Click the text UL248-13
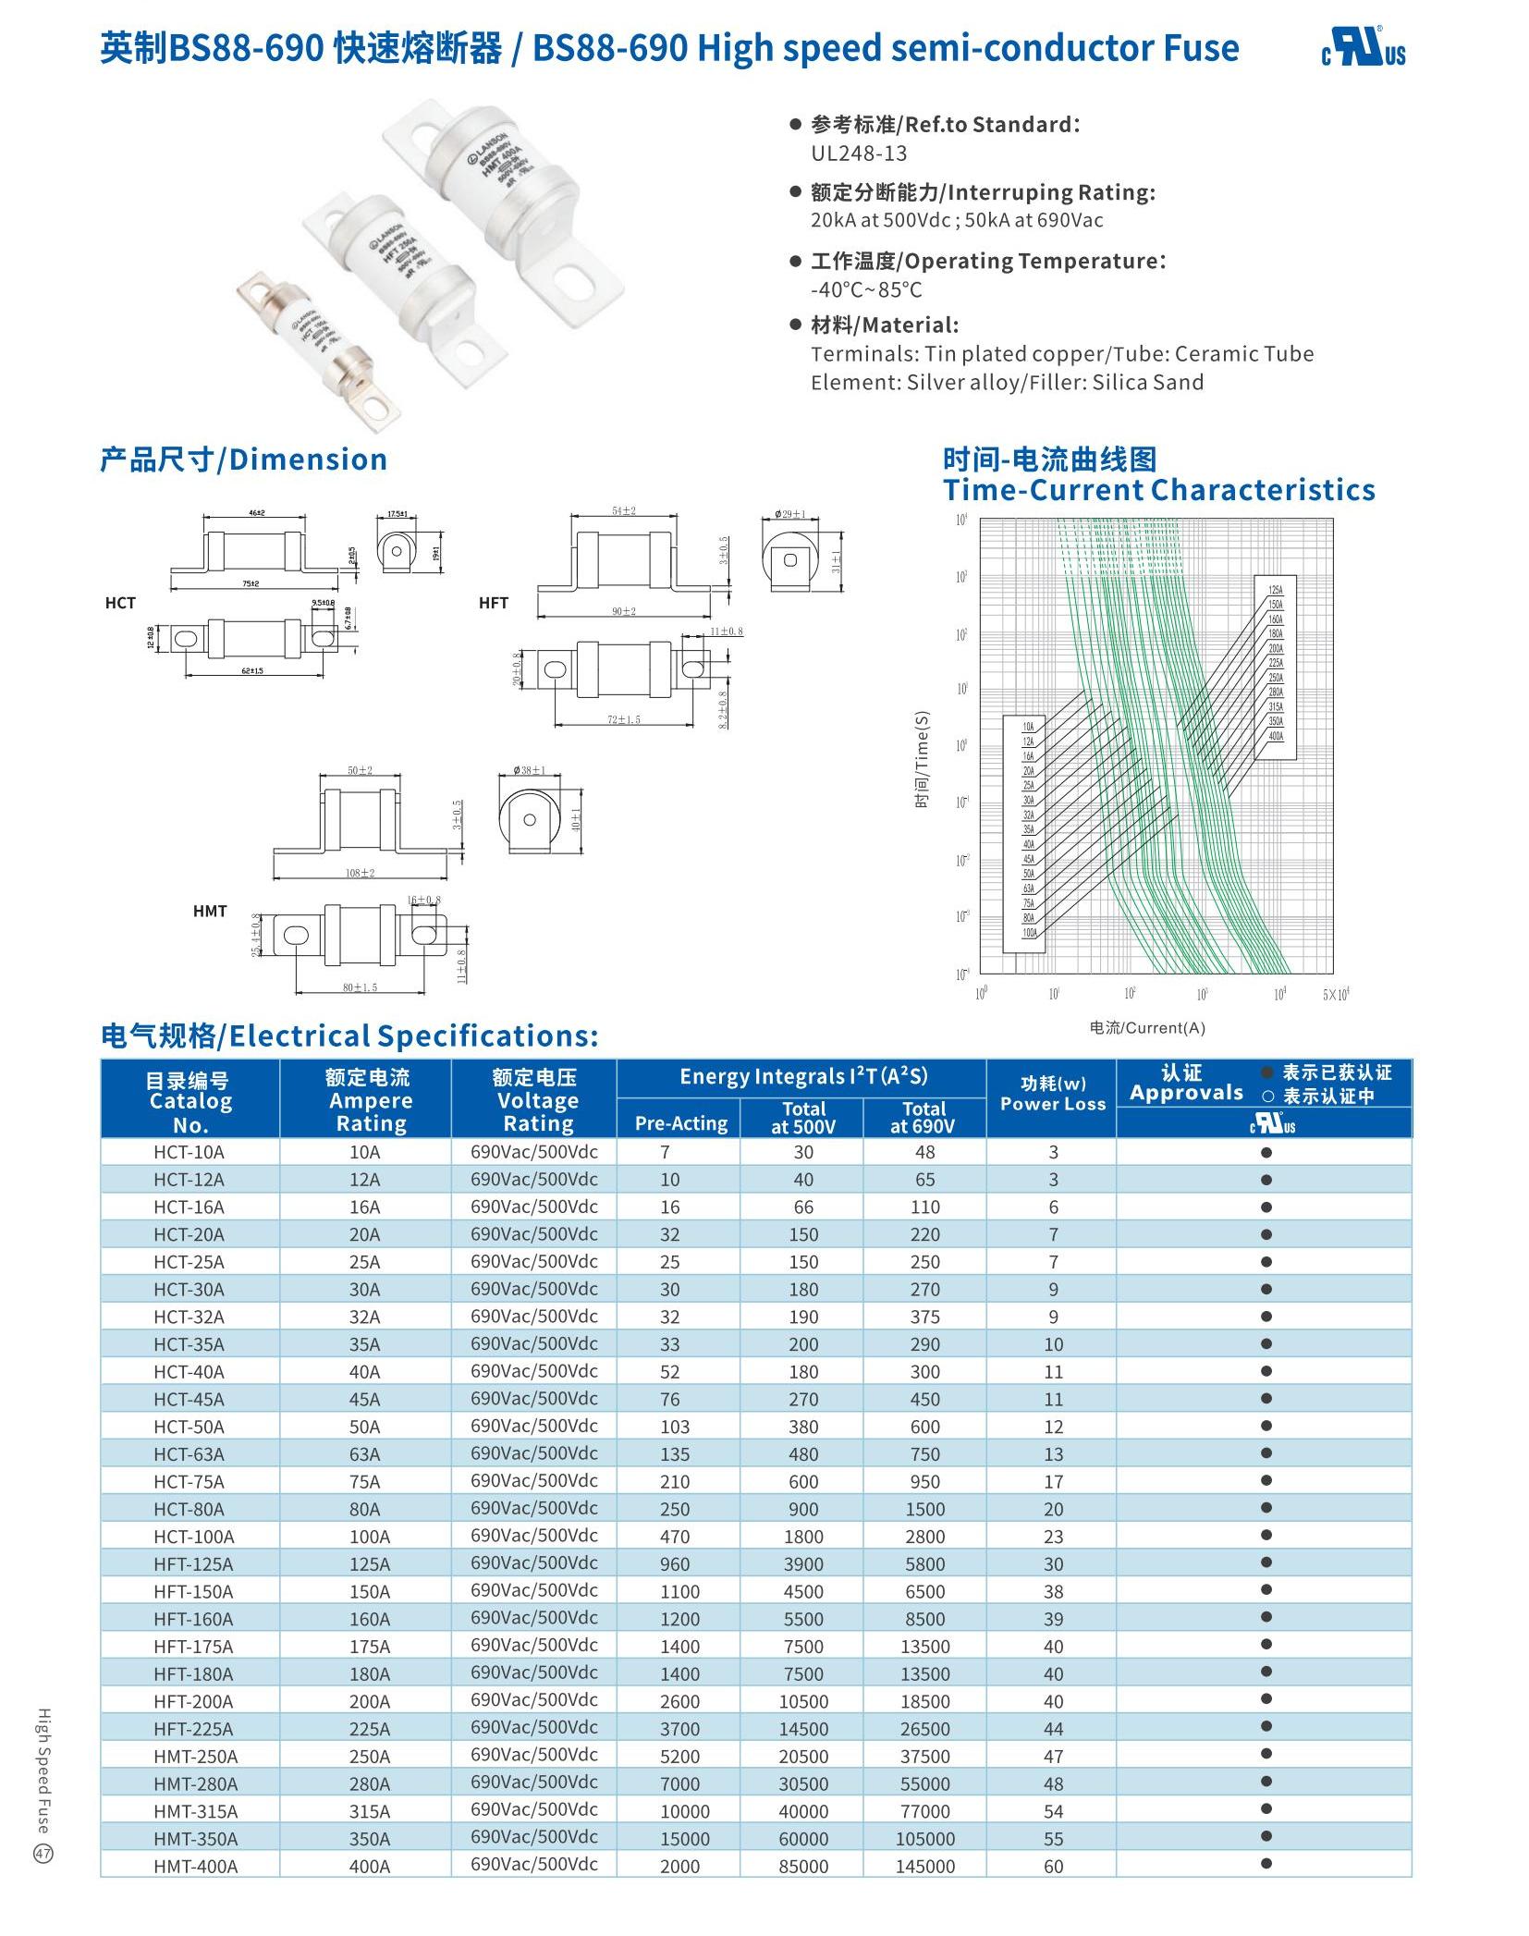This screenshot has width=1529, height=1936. point(859,153)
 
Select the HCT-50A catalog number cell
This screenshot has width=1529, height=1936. point(190,1426)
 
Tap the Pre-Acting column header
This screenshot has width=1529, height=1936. point(680,1123)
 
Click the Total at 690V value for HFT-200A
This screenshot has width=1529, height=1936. point(924,1701)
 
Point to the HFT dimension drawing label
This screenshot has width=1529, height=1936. point(494,603)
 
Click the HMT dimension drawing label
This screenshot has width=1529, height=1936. point(210,911)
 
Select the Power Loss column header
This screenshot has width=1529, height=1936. point(1053,1094)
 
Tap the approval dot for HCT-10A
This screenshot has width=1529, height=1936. point(1266,1152)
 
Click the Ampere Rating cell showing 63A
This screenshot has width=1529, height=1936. point(365,1453)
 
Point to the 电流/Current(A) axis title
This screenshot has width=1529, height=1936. point(1147,1028)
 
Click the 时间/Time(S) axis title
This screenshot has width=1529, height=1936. point(922,759)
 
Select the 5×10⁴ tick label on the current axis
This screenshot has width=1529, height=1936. point(1336,995)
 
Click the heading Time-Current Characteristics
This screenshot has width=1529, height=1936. point(1159,489)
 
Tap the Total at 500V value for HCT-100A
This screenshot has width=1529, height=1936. point(803,1537)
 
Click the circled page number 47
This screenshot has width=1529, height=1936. point(43,1853)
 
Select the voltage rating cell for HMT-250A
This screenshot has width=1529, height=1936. point(534,1755)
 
